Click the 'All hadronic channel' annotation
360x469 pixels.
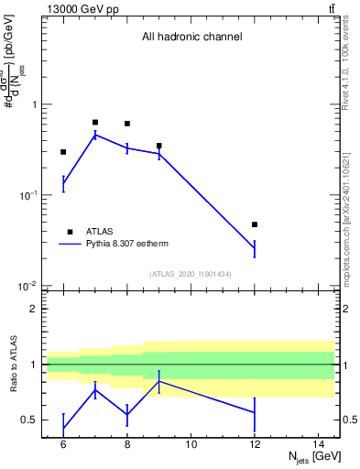tap(191, 38)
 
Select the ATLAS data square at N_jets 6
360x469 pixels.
tap(63, 152)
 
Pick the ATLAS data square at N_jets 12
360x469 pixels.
tap(255, 224)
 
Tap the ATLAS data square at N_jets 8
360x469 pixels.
tap(127, 124)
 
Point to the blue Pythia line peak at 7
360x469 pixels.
tap(95, 135)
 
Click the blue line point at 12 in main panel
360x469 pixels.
tap(255, 248)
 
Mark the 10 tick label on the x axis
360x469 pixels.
tap(191, 444)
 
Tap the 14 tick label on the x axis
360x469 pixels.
tap(319, 444)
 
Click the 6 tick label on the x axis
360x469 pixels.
tap(63, 444)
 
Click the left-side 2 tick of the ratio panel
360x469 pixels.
tap(34, 310)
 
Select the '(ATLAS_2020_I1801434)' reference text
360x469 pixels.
tap(191, 274)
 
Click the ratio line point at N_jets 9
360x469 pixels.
tap(159, 381)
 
